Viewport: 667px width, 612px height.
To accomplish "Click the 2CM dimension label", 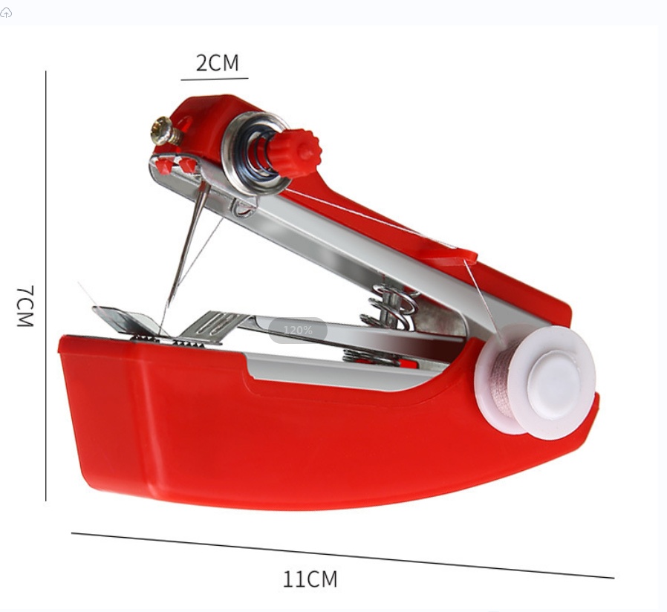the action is [x=217, y=62].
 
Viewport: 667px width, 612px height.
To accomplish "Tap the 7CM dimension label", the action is [x=25, y=306].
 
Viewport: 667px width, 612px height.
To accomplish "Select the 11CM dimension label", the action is [x=310, y=579].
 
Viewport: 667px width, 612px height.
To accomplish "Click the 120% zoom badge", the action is [x=298, y=331].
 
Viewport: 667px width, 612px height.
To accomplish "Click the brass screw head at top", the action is [x=163, y=130].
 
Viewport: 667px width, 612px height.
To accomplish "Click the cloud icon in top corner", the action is [x=6, y=13].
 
